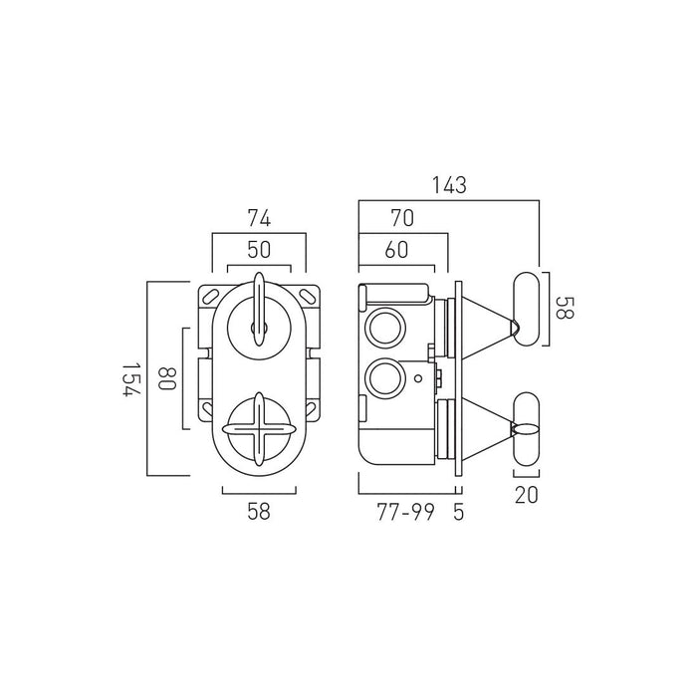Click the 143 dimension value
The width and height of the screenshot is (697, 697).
(x=449, y=185)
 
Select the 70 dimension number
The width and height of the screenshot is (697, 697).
(x=402, y=218)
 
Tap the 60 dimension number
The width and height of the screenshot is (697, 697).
(x=396, y=250)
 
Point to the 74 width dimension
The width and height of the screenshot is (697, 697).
(x=259, y=218)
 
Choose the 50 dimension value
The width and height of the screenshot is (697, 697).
(x=259, y=250)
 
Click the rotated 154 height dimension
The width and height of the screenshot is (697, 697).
(x=131, y=379)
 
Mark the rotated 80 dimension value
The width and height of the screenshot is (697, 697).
(x=167, y=378)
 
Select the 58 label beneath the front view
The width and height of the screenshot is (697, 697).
(x=259, y=511)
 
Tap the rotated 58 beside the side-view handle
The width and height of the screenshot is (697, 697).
(x=565, y=308)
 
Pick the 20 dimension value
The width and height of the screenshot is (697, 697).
(x=527, y=495)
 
